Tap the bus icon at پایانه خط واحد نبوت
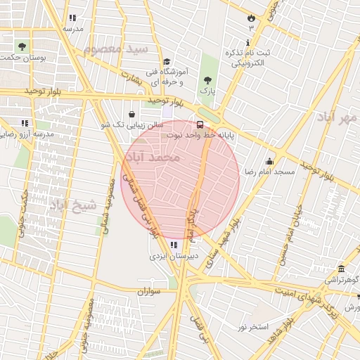point(200,124)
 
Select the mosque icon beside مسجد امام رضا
point(269,161)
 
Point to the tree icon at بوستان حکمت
point(22,47)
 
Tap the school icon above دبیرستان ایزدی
point(174,245)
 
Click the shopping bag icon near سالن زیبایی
point(132,114)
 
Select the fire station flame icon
point(251,17)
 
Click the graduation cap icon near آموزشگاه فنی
point(167,61)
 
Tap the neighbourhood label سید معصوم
point(116,50)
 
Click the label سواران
point(150,290)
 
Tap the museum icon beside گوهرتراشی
point(341,269)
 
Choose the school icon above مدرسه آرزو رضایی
point(25,123)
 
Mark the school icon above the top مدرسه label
point(72,18)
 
